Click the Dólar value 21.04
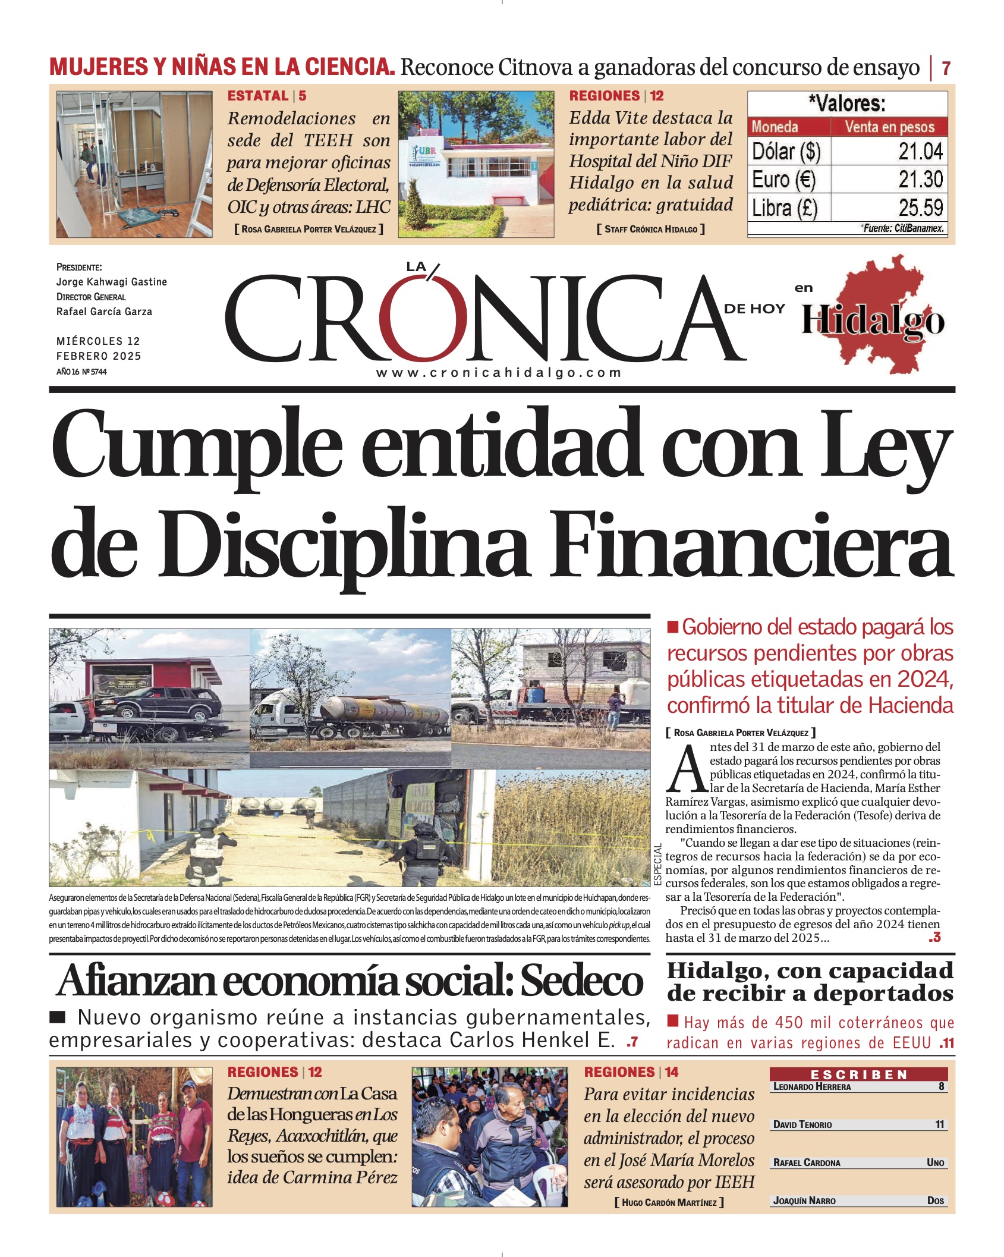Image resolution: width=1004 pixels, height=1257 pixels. pyautogui.click(x=920, y=152)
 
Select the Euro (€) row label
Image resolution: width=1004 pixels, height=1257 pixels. pyautogui.click(x=783, y=180)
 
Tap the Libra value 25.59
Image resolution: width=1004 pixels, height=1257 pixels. pyautogui.click(x=920, y=208)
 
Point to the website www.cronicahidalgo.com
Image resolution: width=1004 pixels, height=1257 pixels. pyautogui.click(x=498, y=373)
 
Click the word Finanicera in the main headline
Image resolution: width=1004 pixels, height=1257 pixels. pyautogui.click(x=751, y=542)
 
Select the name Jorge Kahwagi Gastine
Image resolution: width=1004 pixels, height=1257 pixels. pyautogui.click(x=112, y=282)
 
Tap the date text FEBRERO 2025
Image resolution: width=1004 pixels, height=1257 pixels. pyautogui.click(x=99, y=356)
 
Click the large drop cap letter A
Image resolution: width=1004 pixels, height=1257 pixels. pyautogui.click(x=687, y=769)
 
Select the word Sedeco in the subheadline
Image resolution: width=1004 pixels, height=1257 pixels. pyautogui.click(x=582, y=981)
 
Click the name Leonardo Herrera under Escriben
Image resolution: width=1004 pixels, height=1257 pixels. pyautogui.click(x=812, y=1086)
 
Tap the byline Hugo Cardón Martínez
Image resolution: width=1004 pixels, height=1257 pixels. pyautogui.click(x=669, y=1202)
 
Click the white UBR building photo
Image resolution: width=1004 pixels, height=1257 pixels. pyautogui.click(x=476, y=164)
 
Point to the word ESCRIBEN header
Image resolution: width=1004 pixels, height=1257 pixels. pyautogui.click(x=858, y=1074)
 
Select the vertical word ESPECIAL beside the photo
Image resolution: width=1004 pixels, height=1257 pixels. pyautogui.click(x=658, y=865)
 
